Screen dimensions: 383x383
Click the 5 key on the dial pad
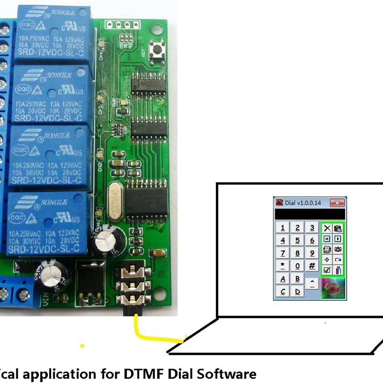pos(298,241)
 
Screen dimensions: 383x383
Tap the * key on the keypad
pos(283,266)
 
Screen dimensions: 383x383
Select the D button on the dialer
pos(298,291)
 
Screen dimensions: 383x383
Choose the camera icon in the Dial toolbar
pos(338,249)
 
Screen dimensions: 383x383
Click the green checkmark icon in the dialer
pos(327,270)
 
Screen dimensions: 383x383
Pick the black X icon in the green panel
pos(327,228)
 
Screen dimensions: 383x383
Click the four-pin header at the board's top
pos(121,24)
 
